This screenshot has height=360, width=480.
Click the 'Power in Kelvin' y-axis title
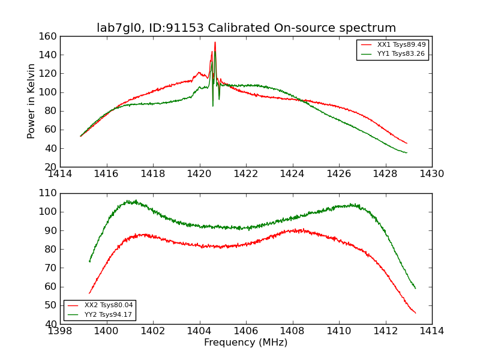[31, 101]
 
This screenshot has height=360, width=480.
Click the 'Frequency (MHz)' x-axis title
[246, 343]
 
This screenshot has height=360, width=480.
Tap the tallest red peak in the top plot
[215, 42]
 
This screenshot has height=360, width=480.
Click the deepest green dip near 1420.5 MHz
[212, 106]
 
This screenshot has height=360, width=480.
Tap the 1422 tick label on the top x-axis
[246, 174]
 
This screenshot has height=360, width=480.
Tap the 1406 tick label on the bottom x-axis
[246, 331]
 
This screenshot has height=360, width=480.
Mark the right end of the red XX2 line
[415, 313]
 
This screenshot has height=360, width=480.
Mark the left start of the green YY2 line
[89, 262]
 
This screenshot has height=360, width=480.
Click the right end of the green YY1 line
[407, 153]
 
